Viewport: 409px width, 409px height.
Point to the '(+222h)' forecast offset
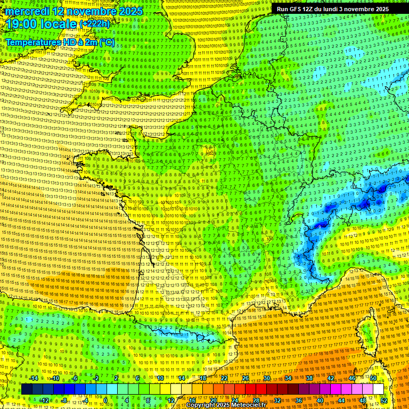point(95,24)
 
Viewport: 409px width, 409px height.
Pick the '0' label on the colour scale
point(105,400)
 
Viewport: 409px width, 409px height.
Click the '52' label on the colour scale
point(384,400)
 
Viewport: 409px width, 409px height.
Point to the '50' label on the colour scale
point(373,378)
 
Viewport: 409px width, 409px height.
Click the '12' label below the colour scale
point(171,400)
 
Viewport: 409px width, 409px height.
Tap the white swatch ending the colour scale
point(378,389)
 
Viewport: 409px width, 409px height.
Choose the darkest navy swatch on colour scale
point(27,389)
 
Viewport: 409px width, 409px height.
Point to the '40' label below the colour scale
point(320,400)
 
